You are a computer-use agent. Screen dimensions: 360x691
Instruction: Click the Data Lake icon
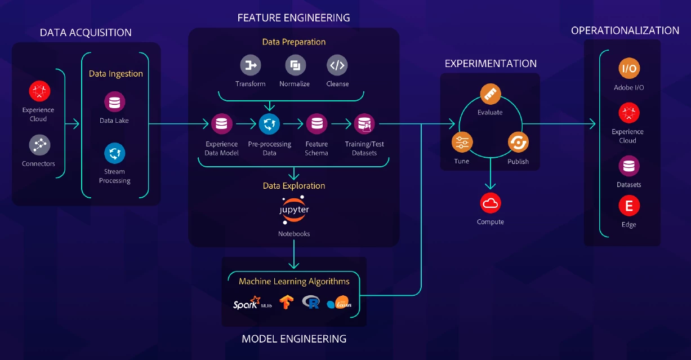pos(115,103)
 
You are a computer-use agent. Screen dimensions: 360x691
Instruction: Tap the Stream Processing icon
pos(115,153)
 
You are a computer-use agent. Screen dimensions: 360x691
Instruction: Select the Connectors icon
pos(39,145)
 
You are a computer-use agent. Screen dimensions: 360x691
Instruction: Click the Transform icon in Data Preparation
pos(251,65)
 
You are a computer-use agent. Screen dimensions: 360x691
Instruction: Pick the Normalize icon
pos(295,65)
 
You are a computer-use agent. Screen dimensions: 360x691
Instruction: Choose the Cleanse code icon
pos(337,65)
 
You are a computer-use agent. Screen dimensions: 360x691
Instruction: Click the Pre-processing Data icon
pos(269,124)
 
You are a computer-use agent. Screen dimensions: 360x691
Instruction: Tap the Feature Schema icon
pos(316,124)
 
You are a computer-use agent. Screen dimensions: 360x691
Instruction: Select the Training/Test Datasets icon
pos(364,124)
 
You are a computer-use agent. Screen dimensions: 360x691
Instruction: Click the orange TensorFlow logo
pos(287,303)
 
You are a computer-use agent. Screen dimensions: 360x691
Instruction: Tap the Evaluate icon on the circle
pos(490,94)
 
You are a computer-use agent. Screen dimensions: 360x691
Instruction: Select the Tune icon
pos(462,142)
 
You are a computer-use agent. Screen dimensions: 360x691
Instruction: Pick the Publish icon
pos(518,143)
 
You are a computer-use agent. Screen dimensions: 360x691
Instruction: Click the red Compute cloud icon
pos(490,203)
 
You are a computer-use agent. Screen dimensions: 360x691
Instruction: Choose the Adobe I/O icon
pos(628,69)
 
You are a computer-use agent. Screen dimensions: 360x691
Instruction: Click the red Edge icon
pos(628,206)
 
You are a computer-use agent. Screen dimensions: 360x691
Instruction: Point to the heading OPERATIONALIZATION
pos(625,31)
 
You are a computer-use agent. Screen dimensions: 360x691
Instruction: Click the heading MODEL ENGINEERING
pos(294,339)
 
